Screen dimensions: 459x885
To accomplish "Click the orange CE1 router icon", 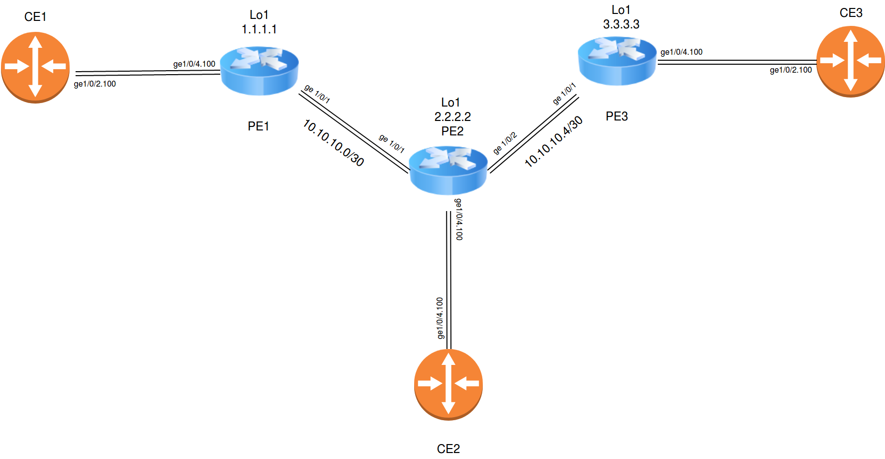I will coord(35,67).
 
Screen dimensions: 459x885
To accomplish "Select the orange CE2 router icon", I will coord(448,384).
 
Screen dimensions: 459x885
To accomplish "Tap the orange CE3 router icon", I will coord(850,61).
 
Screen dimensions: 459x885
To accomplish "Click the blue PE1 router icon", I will coord(259,71).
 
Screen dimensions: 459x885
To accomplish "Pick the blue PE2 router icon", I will coord(448,170).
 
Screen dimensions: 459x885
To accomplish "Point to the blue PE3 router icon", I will coord(617,61).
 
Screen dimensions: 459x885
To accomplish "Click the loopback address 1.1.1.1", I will coord(259,29).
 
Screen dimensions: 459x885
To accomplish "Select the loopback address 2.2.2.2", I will coord(452,117).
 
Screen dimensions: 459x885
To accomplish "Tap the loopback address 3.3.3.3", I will coord(621,24).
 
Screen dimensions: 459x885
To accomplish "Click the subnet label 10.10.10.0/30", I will coord(334,143).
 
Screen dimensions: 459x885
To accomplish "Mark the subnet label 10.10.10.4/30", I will coord(553,141).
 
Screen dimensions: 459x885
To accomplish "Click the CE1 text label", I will coord(35,17).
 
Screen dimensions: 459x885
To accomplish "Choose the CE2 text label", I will coord(448,449).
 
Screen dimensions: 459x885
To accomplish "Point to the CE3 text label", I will coord(851,13).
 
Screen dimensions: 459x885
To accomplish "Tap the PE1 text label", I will coord(259,126).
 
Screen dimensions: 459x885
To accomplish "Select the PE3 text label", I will coord(617,116).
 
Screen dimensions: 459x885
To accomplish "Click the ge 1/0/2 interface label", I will coord(505,143).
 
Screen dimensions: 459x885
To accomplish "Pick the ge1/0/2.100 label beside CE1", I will coord(94,84).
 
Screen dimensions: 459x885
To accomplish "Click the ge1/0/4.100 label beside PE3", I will coord(681,52).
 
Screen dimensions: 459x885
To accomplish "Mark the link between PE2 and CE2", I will coord(448,279).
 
